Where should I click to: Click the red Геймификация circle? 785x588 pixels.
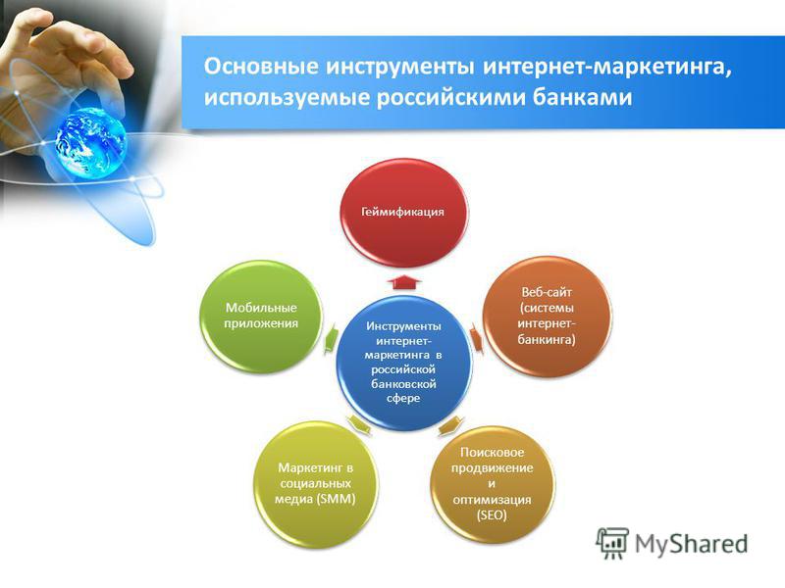pyautogui.click(x=403, y=213)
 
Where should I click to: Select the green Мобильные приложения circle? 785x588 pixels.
pyautogui.click(x=261, y=317)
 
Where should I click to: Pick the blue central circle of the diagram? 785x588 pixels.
pyautogui.click(x=403, y=362)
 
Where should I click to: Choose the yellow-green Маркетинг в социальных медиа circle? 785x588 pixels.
pyautogui.click(x=315, y=484)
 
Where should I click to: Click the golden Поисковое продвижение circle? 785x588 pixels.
pyautogui.click(x=493, y=484)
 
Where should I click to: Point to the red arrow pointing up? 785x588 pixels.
pyautogui.click(x=404, y=281)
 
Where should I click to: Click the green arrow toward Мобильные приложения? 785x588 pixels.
pyautogui.click(x=330, y=338)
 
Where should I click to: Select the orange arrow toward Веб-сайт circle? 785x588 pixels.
pyautogui.click(x=476, y=338)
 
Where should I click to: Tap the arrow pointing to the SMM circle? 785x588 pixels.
pyautogui.click(x=359, y=425)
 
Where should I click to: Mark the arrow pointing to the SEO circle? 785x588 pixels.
pyautogui.click(x=450, y=425)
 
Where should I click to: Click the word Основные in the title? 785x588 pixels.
pyautogui.click(x=261, y=67)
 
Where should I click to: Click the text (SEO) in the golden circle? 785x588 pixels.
pyautogui.click(x=492, y=514)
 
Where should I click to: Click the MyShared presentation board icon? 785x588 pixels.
pyautogui.click(x=611, y=543)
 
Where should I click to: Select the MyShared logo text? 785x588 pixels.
pyautogui.click(x=692, y=544)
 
